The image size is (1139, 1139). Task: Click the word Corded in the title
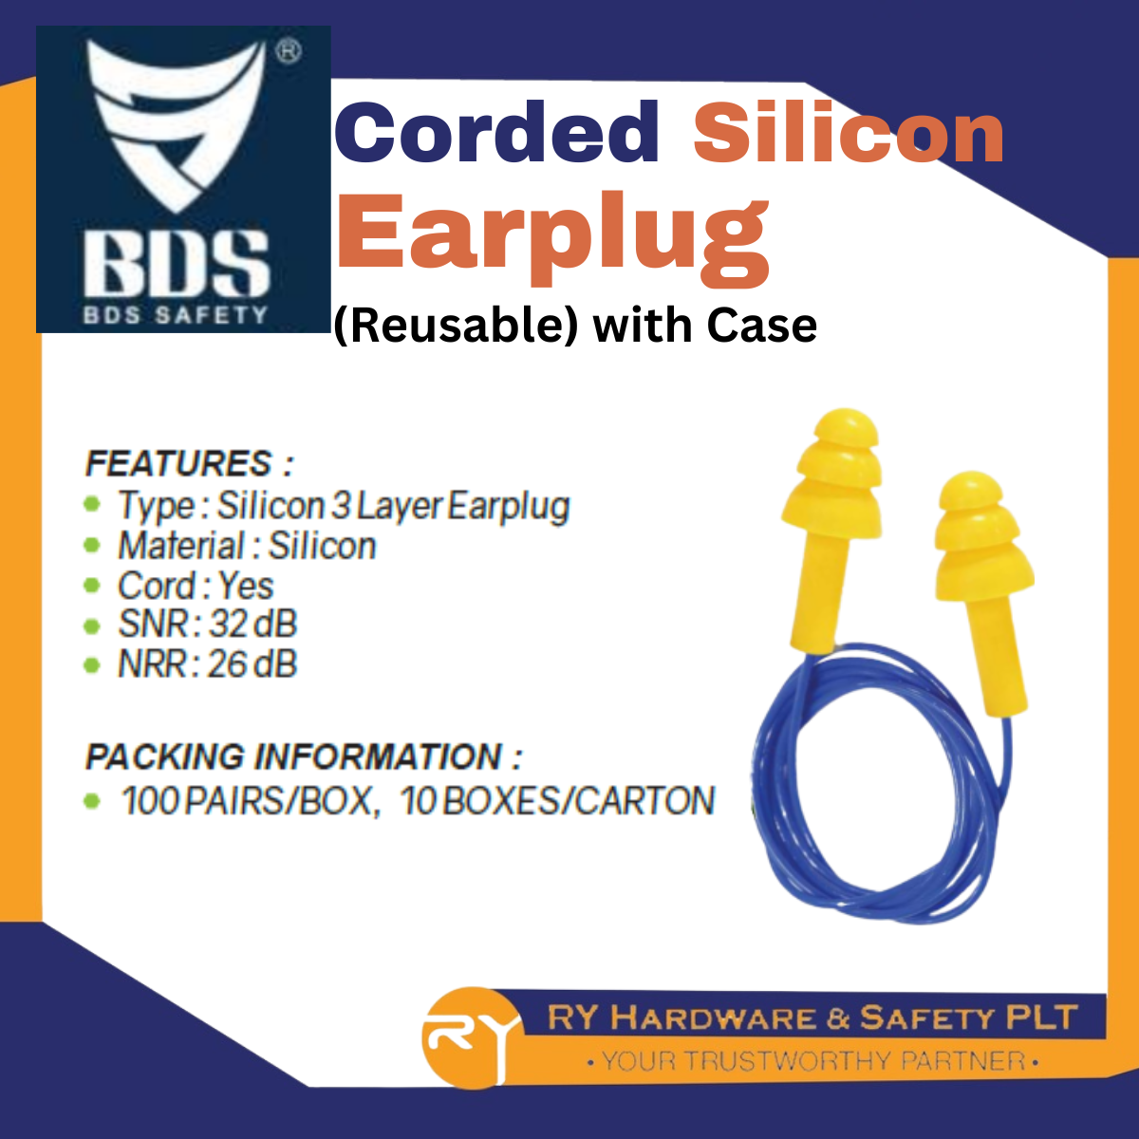[496, 133]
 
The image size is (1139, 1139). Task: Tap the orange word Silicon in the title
[848, 133]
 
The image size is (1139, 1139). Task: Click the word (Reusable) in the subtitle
[456, 326]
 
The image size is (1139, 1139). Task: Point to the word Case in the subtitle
[761, 326]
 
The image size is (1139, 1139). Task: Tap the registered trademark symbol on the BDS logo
[289, 51]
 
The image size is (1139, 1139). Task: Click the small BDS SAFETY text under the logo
[177, 314]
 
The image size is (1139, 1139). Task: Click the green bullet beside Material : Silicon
[92, 546]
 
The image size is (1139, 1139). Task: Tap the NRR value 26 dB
[252, 664]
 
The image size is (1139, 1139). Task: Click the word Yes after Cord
[246, 586]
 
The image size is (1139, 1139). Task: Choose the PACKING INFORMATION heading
[303, 757]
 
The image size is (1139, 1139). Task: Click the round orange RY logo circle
[465, 1036]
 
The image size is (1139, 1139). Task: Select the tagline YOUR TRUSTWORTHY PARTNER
[813, 1060]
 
